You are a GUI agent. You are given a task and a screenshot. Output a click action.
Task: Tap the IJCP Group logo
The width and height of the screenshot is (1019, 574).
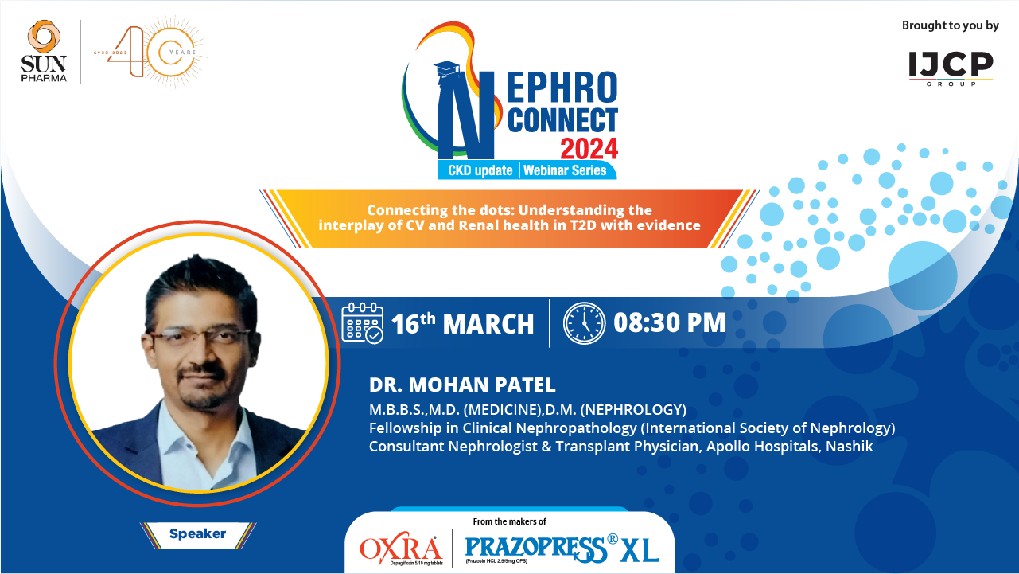tap(951, 67)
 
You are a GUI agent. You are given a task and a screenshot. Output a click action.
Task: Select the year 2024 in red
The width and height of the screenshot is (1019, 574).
tap(589, 148)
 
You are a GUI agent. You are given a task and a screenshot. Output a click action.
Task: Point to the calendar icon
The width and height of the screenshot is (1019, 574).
tap(363, 322)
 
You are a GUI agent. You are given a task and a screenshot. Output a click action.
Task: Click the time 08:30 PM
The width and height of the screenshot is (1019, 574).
tap(669, 322)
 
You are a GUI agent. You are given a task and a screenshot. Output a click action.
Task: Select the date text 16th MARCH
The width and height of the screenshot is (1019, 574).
tap(462, 324)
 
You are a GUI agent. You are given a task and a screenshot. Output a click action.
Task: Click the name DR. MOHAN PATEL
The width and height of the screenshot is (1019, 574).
tap(462, 385)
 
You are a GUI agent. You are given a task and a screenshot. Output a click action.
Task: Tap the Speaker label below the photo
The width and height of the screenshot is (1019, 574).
tap(197, 534)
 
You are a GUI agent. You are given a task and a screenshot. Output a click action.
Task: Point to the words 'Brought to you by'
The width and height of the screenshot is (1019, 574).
tap(950, 25)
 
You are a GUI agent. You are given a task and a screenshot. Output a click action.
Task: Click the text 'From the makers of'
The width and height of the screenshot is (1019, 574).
tap(509, 521)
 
